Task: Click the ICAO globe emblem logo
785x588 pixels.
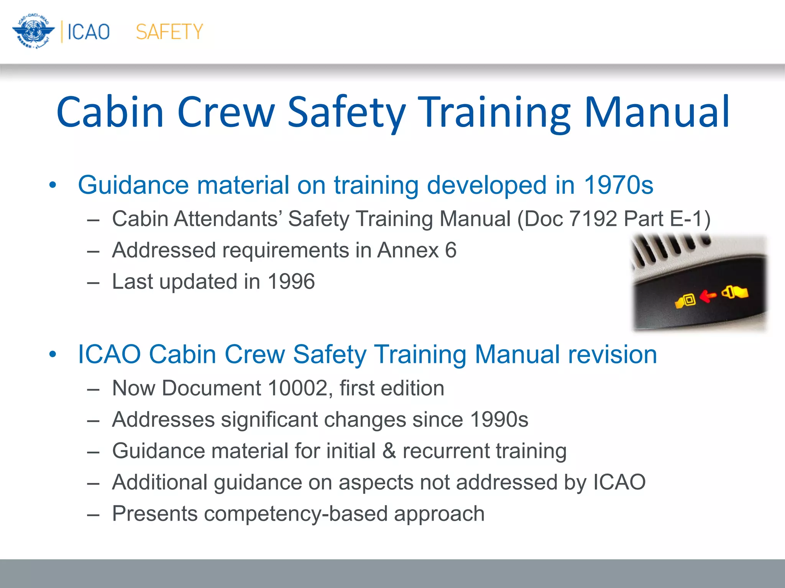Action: [33, 31]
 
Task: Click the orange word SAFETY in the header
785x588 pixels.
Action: [169, 32]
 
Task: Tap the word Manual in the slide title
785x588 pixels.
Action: [656, 112]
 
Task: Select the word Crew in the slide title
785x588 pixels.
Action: [226, 112]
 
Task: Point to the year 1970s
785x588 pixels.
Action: [618, 185]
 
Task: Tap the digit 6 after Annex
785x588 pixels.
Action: [451, 250]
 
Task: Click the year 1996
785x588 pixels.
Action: [291, 282]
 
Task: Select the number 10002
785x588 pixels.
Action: [297, 388]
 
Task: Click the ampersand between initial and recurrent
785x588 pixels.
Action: [389, 451]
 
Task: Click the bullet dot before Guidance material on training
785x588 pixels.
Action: [53, 186]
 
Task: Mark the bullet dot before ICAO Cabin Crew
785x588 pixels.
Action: [53, 355]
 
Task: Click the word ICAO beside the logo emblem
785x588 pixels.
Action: [89, 32]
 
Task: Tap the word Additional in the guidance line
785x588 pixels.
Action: [160, 482]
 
